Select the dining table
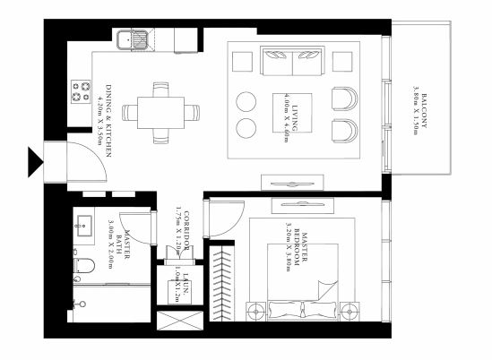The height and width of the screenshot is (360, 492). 161,113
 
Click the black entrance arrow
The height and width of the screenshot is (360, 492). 36,161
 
